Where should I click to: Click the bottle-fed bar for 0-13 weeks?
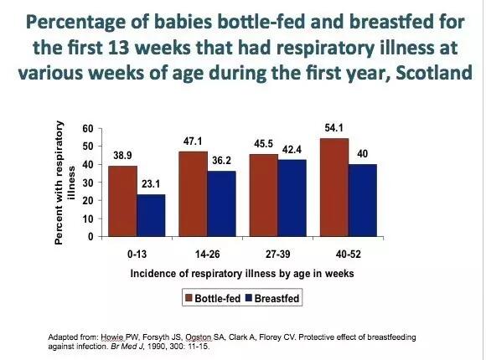tap(122, 201)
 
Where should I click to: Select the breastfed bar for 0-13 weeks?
tap(152, 216)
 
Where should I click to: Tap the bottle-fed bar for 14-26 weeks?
tap(193, 194)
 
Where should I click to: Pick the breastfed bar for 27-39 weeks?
tap(292, 198)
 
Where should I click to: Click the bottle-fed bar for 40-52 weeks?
tap(334, 188)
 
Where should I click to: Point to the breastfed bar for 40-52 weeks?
tap(363, 200)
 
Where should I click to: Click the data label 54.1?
tap(333, 128)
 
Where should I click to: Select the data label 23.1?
tap(151, 184)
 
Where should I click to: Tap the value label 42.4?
tap(292, 150)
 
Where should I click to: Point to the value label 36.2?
tap(221, 161)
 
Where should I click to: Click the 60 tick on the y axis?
tap(88, 129)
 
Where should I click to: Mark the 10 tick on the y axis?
tap(88, 219)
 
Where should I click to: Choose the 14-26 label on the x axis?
tap(207, 255)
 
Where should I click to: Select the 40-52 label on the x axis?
tap(349, 255)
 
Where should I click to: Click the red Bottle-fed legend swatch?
tap(189, 298)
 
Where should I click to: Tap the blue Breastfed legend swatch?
tap(249, 298)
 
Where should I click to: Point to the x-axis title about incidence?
tap(242, 274)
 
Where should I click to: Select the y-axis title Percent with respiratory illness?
tap(65, 183)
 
